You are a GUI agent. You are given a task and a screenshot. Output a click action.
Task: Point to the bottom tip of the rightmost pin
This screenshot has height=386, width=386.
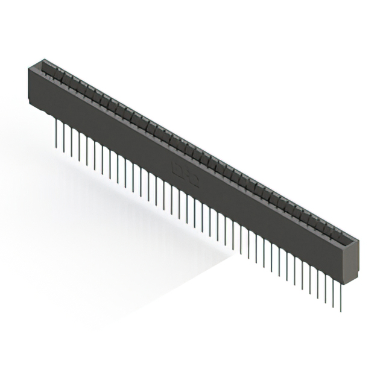tap(341, 311)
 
